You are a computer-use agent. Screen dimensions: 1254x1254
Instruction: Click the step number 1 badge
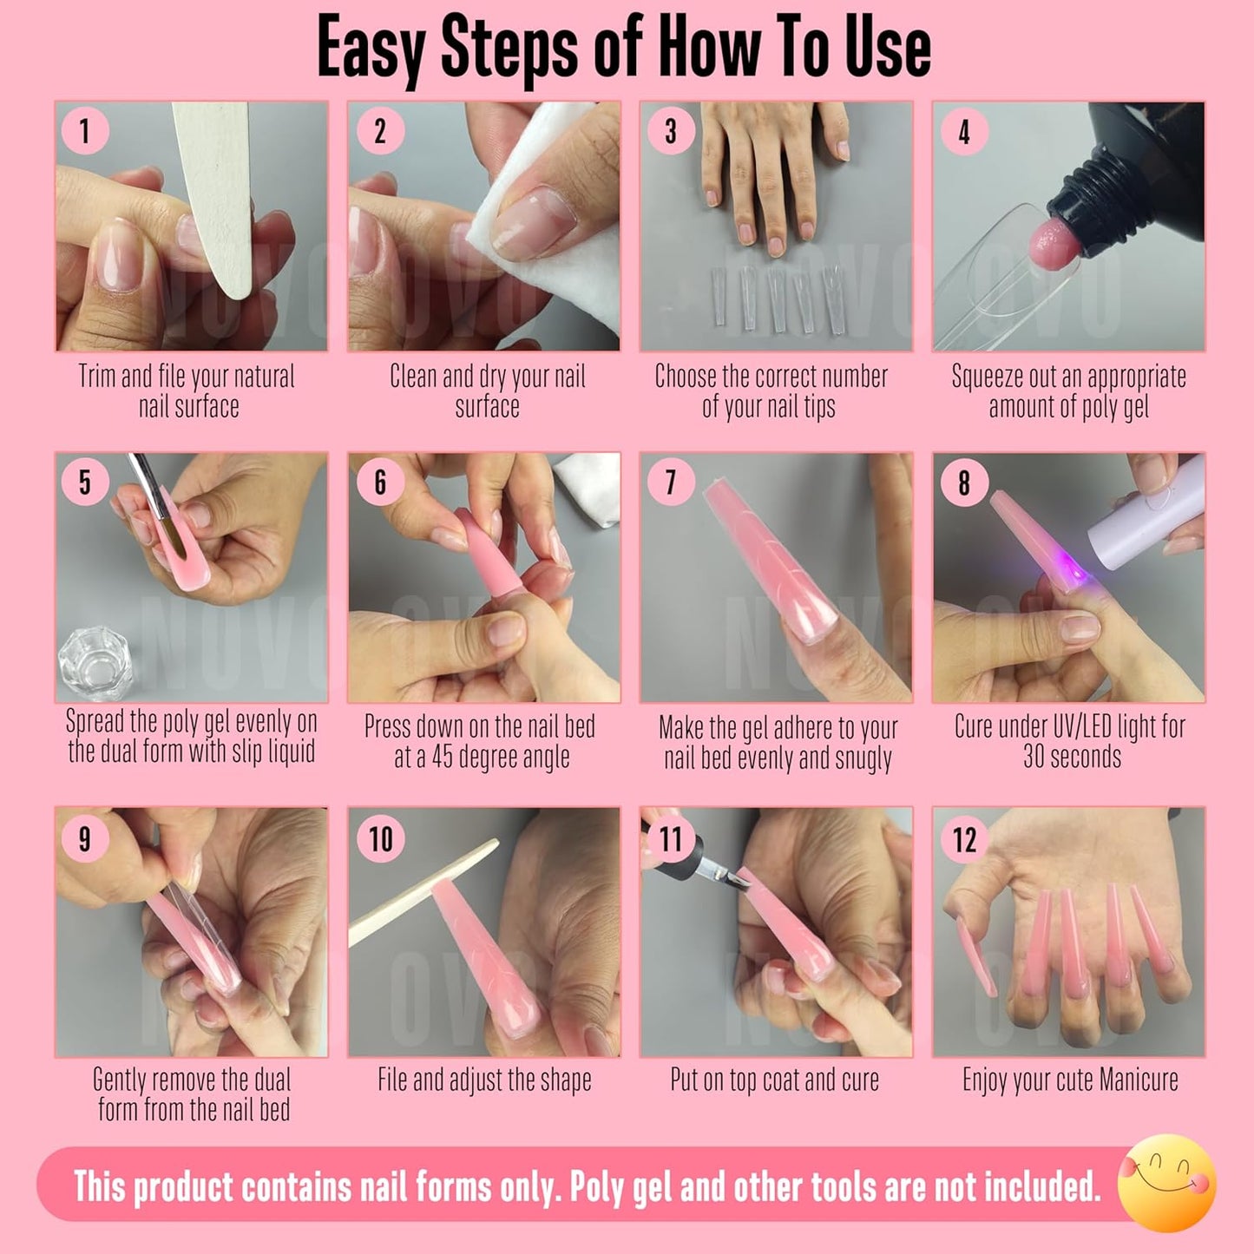pos(84,132)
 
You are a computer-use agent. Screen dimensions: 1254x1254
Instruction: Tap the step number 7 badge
pos(670,483)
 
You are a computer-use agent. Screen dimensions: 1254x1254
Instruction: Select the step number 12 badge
pos(964,839)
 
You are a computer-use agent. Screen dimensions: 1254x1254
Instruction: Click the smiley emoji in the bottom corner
pos(1166,1183)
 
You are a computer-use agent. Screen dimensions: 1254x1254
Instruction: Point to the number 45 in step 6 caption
pos(442,757)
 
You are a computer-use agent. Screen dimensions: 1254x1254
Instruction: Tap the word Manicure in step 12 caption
pos(1138,1080)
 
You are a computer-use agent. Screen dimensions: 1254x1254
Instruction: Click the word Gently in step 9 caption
pos(122,1080)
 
